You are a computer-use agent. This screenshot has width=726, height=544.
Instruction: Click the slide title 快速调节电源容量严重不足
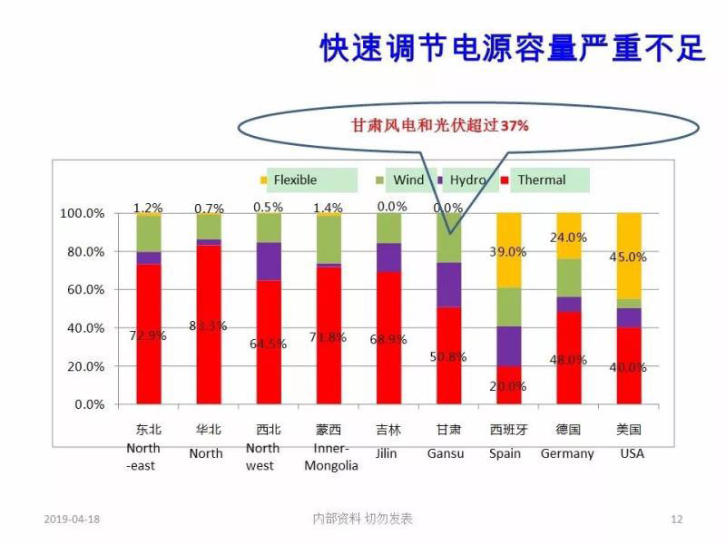point(512,48)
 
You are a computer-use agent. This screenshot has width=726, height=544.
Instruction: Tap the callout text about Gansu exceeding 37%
point(439,127)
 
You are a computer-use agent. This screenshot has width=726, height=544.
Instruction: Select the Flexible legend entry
point(295,180)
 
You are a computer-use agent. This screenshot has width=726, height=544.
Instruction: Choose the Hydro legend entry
point(468,180)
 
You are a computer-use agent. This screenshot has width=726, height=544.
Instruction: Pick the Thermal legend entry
point(541,180)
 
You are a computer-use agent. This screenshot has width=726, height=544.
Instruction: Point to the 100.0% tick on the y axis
point(82,214)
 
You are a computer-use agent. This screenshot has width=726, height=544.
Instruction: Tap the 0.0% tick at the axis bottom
point(88,404)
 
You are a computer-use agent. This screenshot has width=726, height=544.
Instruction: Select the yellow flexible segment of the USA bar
point(629,256)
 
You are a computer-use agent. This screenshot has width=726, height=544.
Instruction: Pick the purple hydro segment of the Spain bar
point(508,345)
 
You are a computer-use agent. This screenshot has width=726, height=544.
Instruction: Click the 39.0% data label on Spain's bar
point(508,251)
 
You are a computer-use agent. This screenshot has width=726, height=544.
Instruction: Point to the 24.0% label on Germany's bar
point(569,238)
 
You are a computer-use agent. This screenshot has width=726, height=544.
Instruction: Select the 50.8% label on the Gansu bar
point(447,356)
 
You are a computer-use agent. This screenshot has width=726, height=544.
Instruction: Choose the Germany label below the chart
point(567,453)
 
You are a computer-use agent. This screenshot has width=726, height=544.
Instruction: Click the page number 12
point(676,519)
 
